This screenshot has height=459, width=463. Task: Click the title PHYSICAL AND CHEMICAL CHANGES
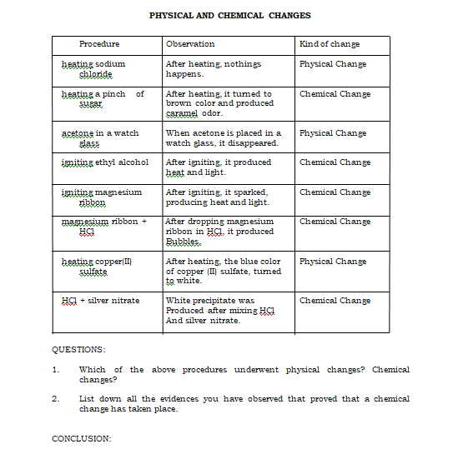tap(229, 15)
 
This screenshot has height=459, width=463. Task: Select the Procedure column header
tap(99, 44)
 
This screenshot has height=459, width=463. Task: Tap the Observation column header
tap(190, 44)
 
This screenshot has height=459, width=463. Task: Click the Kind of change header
tap(330, 44)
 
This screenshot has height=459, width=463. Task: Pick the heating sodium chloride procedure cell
tap(94, 68)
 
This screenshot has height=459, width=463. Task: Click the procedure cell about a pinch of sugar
tap(103, 98)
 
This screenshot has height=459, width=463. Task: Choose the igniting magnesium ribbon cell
tap(102, 197)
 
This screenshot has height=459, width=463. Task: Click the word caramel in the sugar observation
tap(183, 113)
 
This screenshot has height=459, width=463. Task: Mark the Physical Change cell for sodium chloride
tap(333, 64)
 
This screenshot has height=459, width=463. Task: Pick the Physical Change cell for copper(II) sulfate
tap(333, 262)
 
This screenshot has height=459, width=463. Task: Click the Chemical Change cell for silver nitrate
tap(335, 301)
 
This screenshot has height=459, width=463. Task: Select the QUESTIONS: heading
tap(78, 350)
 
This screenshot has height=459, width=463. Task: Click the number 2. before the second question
tap(55, 399)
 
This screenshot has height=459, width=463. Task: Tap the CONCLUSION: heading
tap(81, 438)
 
